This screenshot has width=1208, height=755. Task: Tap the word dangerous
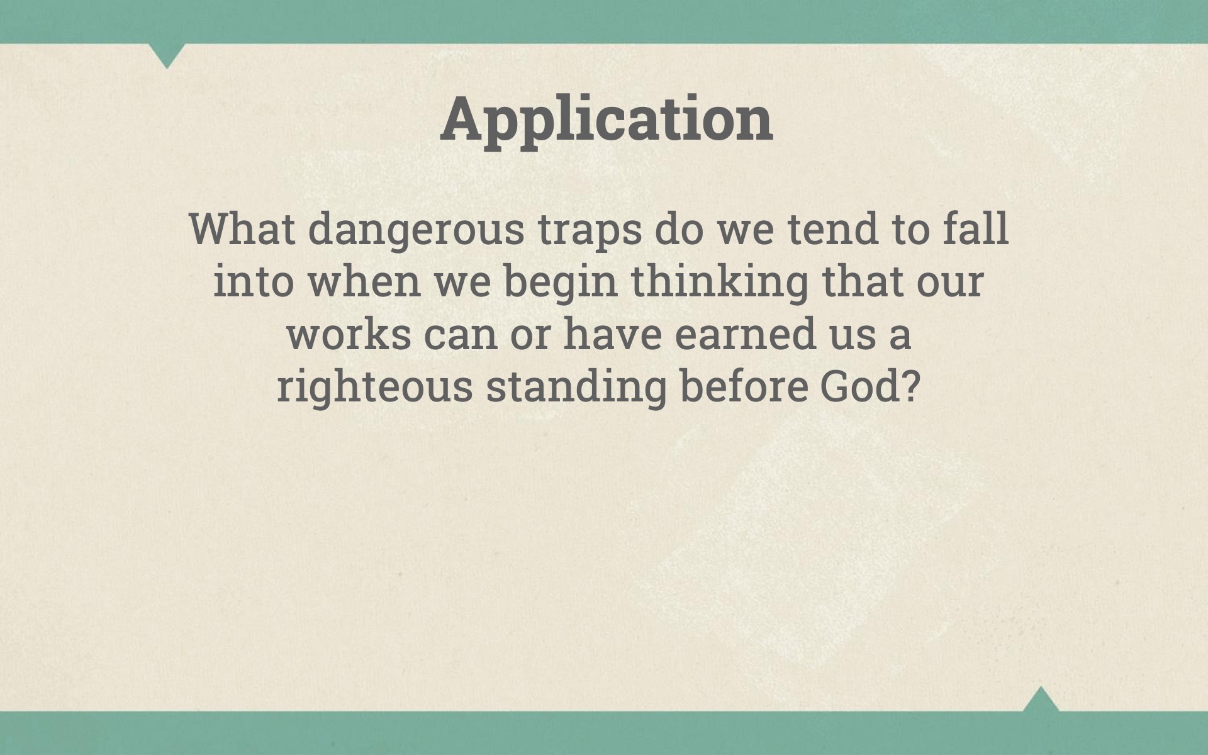(416, 232)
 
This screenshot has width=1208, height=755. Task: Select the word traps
(590, 233)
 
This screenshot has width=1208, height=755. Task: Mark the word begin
(561, 284)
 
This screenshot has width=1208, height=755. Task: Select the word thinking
(720, 284)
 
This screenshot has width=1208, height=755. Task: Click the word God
(858, 386)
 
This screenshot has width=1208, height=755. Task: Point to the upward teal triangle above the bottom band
(1041, 699)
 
